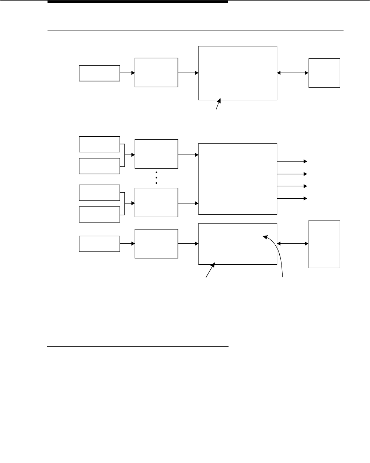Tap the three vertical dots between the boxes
[x=156, y=178]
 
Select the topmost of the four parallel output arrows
[x=292, y=161]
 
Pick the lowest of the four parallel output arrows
[x=292, y=198]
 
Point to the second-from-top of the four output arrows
[x=292, y=174]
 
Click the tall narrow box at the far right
[x=324, y=244]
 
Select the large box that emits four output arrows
[x=238, y=179]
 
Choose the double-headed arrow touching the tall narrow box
[x=293, y=244]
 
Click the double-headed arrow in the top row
[x=293, y=73]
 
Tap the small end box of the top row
[x=324, y=73]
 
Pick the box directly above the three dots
[x=156, y=154]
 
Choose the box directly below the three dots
[x=156, y=202]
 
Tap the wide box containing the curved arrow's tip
[x=238, y=244]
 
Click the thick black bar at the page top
[x=138, y=2]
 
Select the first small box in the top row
[x=99, y=73]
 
